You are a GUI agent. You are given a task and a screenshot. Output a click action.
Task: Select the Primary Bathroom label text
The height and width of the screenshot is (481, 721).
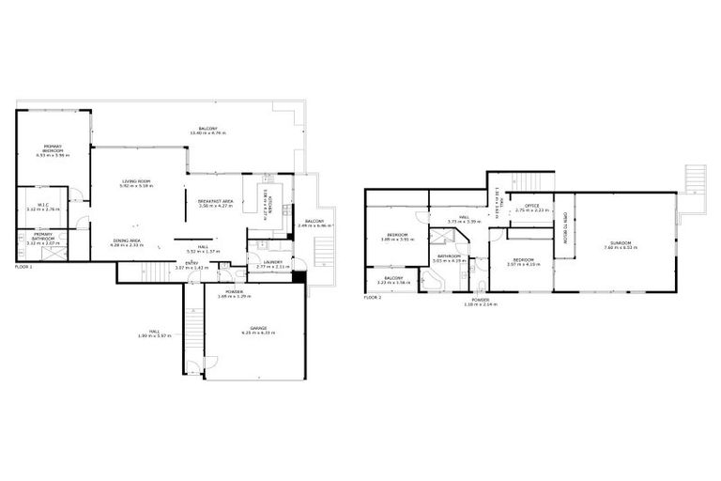(43, 236)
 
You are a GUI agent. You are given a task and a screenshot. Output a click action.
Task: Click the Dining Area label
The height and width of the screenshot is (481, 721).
(127, 240)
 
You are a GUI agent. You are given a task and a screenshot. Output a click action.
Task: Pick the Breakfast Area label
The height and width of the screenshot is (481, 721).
(215, 202)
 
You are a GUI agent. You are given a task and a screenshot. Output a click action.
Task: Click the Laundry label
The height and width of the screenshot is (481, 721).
(273, 262)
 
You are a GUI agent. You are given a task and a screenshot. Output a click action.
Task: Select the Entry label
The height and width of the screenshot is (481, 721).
(192, 262)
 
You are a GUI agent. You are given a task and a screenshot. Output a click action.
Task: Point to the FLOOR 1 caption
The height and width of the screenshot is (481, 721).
(23, 267)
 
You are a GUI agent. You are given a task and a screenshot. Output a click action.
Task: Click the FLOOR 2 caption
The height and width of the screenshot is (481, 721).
(374, 298)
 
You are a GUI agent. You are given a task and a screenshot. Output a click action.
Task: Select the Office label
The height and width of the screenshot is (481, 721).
(531, 205)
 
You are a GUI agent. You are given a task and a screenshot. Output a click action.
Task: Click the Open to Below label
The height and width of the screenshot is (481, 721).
(566, 226)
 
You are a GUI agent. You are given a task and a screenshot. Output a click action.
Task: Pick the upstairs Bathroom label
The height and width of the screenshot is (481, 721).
(447, 255)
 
